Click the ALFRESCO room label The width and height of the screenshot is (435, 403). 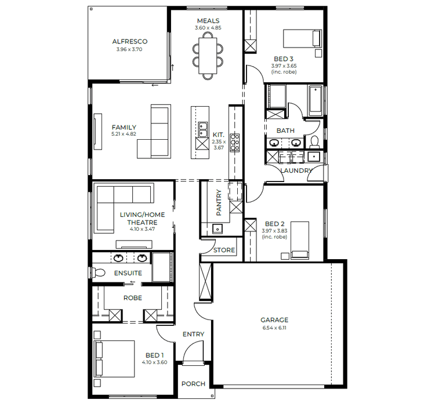(129, 42)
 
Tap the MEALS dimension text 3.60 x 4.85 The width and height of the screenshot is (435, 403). (208, 28)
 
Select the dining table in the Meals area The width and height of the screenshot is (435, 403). (208, 53)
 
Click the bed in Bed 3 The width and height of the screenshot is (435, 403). (301, 38)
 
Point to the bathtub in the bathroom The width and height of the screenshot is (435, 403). (316, 100)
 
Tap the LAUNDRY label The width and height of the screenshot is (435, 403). (296, 170)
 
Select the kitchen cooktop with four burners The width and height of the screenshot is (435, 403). (235, 142)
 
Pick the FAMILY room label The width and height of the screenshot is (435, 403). (124, 128)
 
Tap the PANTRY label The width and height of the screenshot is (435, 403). (219, 204)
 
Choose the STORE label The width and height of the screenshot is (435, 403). (224, 250)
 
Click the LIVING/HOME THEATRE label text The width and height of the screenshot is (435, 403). (142, 219)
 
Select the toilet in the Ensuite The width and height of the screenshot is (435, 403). (99, 272)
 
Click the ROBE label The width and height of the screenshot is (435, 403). (133, 298)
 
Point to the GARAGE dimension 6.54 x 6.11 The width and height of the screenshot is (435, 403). (274, 328)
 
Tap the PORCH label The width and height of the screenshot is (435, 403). (193, 384)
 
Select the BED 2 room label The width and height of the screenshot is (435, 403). (274, 224)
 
